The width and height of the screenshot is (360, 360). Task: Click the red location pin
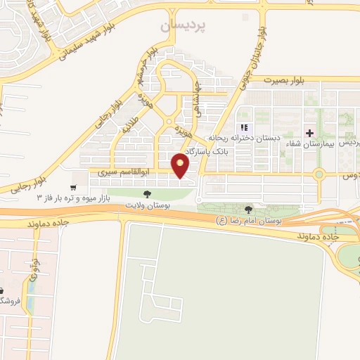(181, 166)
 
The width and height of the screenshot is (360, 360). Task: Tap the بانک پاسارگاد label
(208, 150)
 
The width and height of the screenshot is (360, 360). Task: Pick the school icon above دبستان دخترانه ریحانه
(245, 128)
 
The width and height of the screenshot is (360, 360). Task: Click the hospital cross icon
(309, 132)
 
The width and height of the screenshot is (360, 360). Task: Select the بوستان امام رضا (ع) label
(249, 219)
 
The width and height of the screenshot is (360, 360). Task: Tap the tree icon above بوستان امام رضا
(248, 209)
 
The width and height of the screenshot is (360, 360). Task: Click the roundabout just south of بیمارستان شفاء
(318, 174)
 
